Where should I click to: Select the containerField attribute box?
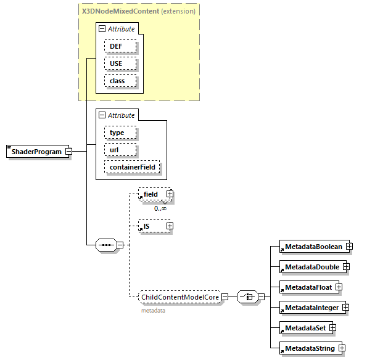[x=132, y=167]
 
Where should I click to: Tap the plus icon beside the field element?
[x=170, y=194]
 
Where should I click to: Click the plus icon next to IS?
[x=170, y=226]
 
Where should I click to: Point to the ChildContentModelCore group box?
[x=179, y=297]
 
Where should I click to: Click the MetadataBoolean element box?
[x=313, y=247]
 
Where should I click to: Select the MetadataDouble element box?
[x=311, y=267]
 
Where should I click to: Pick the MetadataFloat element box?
[x=307, y=287]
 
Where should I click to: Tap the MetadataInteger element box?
[x=311, y=307]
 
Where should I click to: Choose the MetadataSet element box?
[x=304, y=327]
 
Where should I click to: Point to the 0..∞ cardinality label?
[x=160, y=208]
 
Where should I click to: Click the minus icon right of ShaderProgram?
[x=69, y=152]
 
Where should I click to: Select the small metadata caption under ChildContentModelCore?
[x=153, y=311]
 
